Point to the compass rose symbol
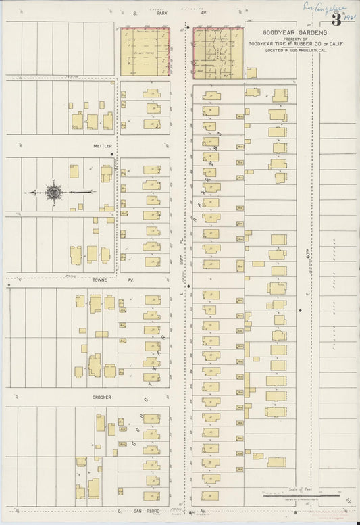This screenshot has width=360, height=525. [x=52, y=193]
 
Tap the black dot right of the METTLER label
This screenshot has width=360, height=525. [x=112, y=155]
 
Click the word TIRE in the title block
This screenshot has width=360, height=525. [x=270, y=45]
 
